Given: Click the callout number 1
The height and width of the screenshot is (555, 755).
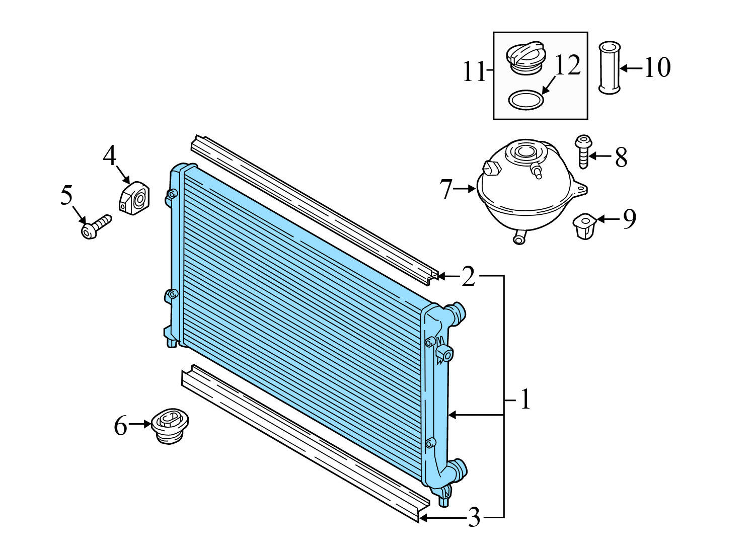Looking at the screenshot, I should coord(525,400).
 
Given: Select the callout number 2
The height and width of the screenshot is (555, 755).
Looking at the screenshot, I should coord(468,276).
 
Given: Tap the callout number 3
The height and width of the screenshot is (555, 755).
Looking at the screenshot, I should coord(474,517).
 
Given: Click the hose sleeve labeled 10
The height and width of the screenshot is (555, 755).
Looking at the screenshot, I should coord(609,68).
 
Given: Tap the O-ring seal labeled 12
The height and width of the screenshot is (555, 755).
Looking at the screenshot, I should coord(526,99).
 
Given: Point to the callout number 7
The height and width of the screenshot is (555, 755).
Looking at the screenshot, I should coord(446,189).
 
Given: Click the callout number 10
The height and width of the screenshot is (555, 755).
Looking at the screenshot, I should coord(657,67).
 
